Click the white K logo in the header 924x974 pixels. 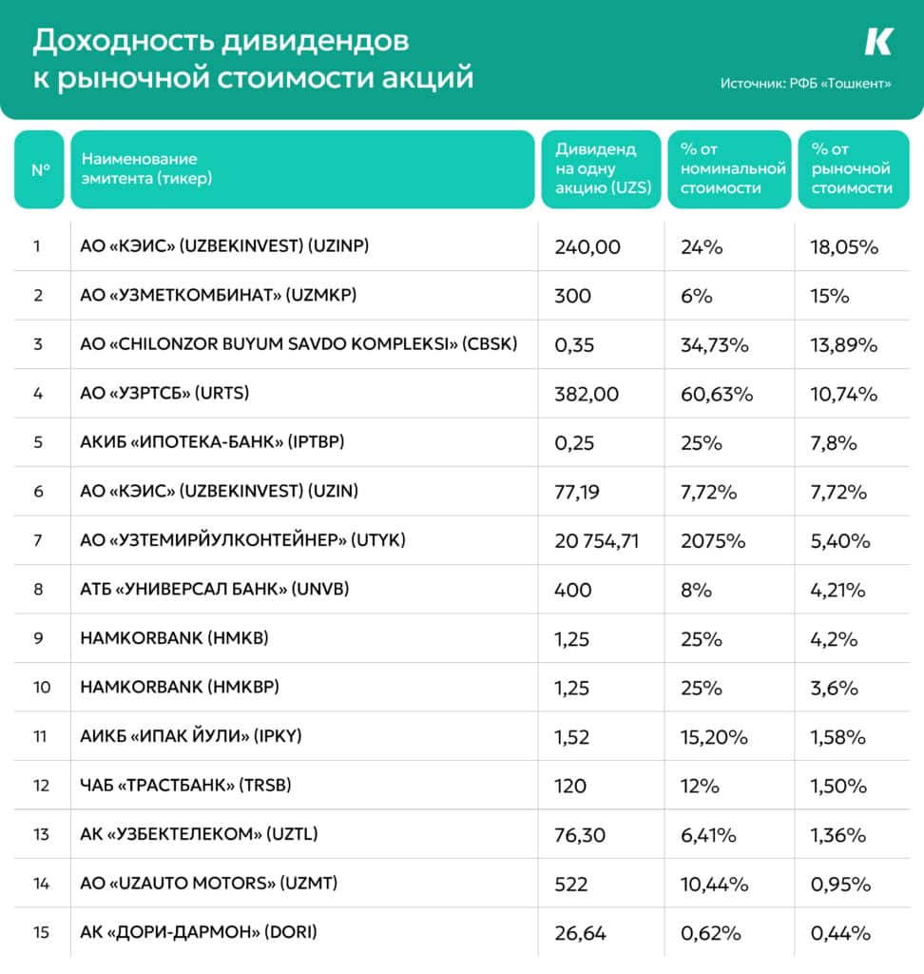pos(878,42)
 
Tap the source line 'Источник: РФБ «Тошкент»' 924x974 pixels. pos(805,84)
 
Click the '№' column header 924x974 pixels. pos(40,169)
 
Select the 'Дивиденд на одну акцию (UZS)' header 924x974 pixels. pos(603,168)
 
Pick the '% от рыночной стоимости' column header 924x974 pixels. pos(852,168)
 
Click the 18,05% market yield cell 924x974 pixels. pos(844,247)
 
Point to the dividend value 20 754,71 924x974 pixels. pos(596,541)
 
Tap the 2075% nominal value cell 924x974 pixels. pos(713,541)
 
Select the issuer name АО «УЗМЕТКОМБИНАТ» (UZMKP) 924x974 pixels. pos(219,295)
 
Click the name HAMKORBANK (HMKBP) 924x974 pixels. pos(180,687)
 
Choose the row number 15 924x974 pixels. pos(41,932)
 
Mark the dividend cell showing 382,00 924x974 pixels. pos(587,394)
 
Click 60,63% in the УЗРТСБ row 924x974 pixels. pos(717,394)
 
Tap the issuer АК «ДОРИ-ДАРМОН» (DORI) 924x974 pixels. pos(199,932)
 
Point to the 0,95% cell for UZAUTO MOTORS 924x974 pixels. pos(840,884)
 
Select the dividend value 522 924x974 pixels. pos(570,884)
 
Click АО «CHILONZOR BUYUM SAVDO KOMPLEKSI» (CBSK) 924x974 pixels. pos(298,344)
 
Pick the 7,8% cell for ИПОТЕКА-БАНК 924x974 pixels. pos(834,443)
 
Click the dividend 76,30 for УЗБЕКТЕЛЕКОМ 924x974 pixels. pos(580,835)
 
